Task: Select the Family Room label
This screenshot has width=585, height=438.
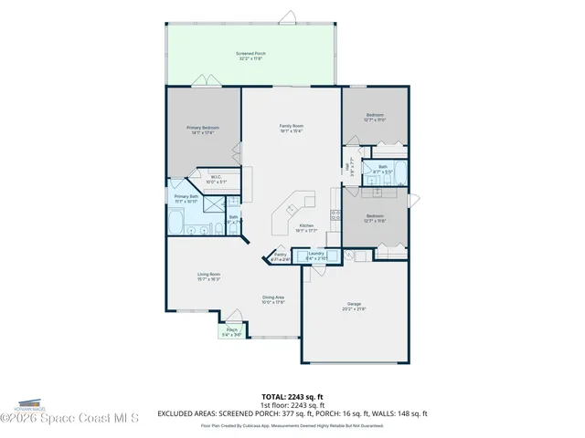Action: coord(292,128)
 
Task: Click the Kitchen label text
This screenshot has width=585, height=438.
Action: coord(307,227)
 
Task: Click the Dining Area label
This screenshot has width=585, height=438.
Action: coord(273,299)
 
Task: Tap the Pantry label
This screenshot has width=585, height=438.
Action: coord(281,257)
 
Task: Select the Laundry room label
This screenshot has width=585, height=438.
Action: coord(316,255)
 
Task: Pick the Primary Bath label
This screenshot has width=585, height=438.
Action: coord(186,198)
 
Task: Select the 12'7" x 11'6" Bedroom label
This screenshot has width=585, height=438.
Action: coord(373,218)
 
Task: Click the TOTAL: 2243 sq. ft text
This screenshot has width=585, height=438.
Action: coord(292,398)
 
